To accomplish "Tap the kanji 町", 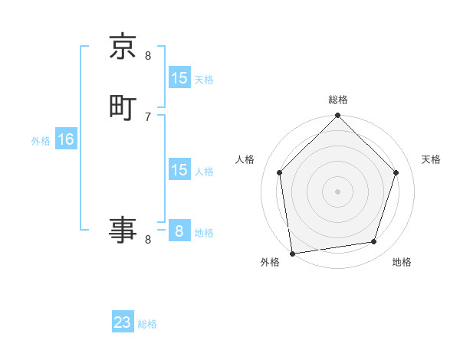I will pos(123,108).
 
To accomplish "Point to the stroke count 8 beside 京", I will pos(148,55).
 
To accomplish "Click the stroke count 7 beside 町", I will pos(148,116).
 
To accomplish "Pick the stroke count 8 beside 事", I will pos(148,240).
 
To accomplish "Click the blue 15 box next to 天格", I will pos(179,78).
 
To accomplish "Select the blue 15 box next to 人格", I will pos(179,170).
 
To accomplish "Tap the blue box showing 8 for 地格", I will pos(179,231).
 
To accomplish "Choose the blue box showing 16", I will pos(66,139).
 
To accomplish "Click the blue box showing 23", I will pos(123,322).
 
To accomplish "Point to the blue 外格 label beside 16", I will pos(41,141).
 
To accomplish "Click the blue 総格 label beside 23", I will pos(147,324).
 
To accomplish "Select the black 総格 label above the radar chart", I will pos(337,100).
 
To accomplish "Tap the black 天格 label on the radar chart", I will pos(432,159).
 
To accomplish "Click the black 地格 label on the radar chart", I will pos(402,262).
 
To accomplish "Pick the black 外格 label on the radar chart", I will pos(270,262).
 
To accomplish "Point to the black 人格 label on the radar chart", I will pos(245,159).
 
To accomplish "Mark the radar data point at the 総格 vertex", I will pos(337,116).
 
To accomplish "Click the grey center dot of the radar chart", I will pos(337,191).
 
